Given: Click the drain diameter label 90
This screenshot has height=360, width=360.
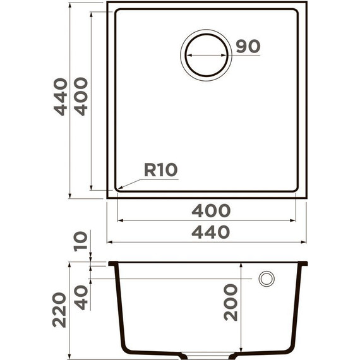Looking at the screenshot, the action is coord(248,46).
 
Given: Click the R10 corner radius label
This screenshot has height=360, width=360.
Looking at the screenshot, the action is coord(160,170).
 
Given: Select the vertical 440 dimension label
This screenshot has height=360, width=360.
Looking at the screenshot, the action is coord(61,97).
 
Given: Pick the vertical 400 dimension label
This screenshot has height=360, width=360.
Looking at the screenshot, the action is coord(81,97).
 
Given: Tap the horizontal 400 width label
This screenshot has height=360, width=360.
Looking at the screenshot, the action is coord(211,210).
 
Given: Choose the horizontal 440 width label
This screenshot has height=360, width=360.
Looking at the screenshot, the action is coord(211,232).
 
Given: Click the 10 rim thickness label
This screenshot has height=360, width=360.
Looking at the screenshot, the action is coord(81,241).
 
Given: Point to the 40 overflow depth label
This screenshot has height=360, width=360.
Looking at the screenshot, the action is coord(81,297).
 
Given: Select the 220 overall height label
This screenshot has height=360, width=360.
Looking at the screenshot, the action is coord(59,310).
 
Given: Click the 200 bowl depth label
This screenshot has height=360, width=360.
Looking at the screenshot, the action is coord(231,302).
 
